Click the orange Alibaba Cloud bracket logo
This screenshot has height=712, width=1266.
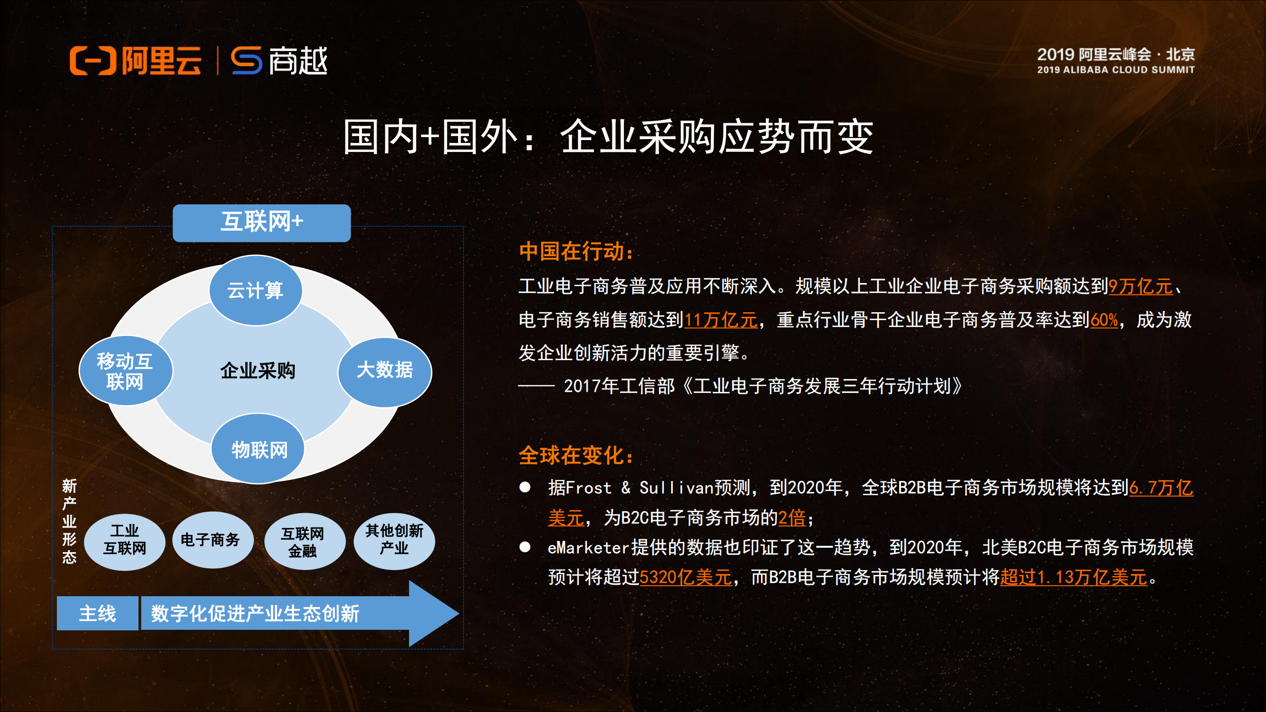point(93,61)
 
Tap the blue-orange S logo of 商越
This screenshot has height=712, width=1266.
point(246,61)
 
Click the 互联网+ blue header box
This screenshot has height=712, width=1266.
point(262,223)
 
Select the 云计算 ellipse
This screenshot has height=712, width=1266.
point(255,290)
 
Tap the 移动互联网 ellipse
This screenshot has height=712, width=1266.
point(125,371)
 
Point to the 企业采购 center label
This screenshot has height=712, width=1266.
point(257,371)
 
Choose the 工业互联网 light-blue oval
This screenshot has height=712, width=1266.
point(125,540)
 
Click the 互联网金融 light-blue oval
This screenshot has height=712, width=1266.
point(303,541)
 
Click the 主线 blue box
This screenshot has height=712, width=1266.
point(97,614)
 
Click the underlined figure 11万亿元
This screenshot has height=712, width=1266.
point(721,320)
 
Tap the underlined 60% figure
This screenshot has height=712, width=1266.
point(1104,320)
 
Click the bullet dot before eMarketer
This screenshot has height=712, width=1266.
point(525,547)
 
